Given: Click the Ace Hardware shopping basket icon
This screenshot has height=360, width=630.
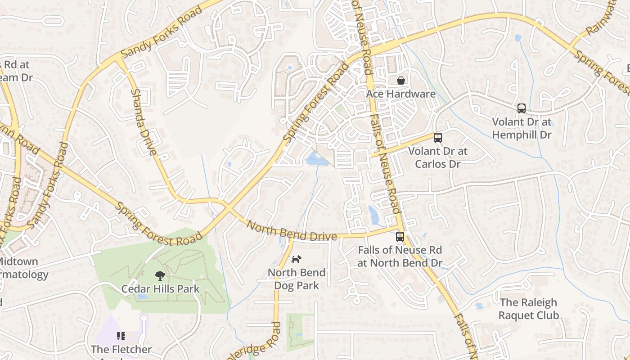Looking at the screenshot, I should pos(400,81).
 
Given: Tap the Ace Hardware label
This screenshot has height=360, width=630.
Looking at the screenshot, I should pos(400,94).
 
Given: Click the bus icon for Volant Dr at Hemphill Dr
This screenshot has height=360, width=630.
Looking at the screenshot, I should pos(522,108).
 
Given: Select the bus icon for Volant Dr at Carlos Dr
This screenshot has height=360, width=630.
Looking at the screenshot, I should pos(437,138).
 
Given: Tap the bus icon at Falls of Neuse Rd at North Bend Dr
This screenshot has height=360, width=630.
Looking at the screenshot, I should pos(400,237).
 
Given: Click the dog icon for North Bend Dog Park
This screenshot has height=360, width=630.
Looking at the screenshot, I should pos(296,259).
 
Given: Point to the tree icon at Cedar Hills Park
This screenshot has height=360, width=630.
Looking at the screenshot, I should pos(160,275).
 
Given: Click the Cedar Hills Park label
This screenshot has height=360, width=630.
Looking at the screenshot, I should pos(160,289).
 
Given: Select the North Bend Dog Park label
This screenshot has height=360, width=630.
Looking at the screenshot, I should pos(297,279).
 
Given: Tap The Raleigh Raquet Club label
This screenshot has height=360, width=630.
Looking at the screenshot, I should pos(529,309).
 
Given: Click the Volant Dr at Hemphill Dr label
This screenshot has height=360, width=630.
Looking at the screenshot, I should pos(522,128).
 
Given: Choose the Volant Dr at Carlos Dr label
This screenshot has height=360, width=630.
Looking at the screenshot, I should pos(437,157).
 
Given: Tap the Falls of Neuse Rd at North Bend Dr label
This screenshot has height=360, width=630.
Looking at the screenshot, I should pos(400,256).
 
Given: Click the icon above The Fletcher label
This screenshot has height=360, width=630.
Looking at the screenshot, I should pos(121,336).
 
